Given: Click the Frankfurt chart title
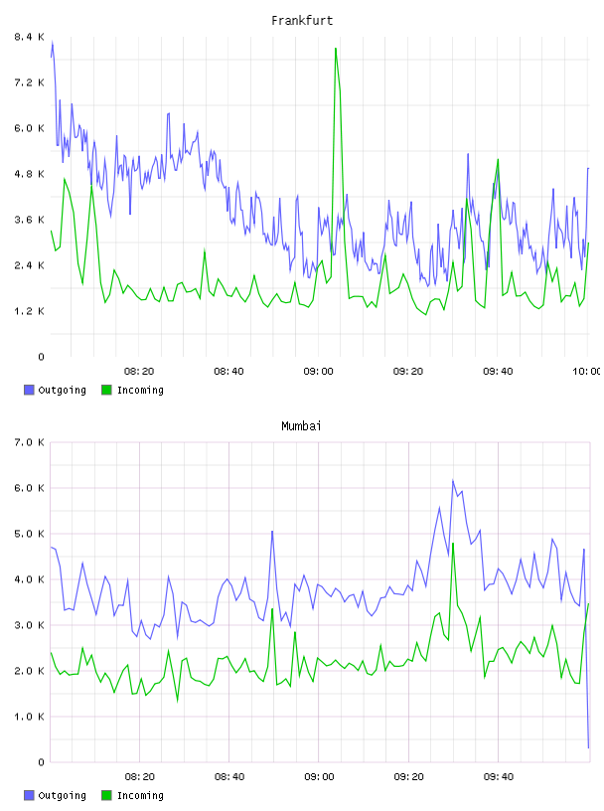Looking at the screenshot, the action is tap(302, 21).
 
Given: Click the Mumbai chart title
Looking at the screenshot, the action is tap(301, 426).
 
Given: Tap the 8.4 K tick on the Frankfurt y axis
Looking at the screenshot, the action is tap(29, 37).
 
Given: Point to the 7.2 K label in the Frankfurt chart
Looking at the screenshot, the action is tap(29, 82).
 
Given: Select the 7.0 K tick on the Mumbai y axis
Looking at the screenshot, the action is tap(29, 442).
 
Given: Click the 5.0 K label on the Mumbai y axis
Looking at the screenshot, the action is tap(29, 534).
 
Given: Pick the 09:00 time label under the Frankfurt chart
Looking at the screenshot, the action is tap(319, 372).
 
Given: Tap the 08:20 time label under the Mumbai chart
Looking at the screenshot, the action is tap(140, 777).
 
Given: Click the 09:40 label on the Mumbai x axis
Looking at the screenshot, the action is tap(499, 777).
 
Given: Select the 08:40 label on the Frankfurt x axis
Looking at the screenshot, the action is tap(228, 372).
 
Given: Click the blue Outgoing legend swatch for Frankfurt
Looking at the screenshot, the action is tap(29, 390).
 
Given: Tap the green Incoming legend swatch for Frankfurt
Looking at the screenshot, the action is tap(106, 390).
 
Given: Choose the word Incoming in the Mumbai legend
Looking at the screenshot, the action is tap(140, 795).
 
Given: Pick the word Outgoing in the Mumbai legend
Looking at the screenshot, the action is tap(62, 795).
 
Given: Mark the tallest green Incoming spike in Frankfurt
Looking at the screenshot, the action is tap(336, 49).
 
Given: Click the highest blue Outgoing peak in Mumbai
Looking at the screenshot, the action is tap(453, 480).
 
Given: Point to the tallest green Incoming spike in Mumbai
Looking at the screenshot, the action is tap(453, 544).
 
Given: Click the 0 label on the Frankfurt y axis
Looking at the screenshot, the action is tap(41, 357).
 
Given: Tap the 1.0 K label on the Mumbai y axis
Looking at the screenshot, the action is tap(29, 717).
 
